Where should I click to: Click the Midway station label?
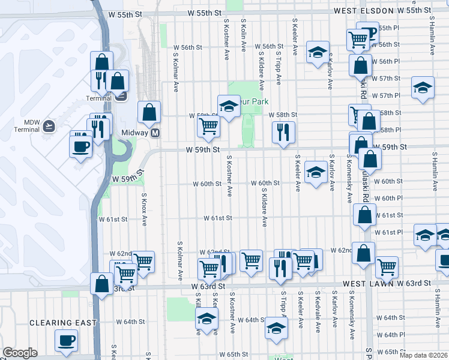point(130,133)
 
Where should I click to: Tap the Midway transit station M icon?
point(155,133)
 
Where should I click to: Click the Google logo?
point(20,353)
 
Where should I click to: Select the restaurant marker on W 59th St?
point(282,131)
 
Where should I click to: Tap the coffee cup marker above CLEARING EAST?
point(66,340)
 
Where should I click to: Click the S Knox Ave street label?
point(144,209)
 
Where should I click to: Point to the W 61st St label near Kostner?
point(217,218)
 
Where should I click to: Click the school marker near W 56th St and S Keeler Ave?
point(317,51)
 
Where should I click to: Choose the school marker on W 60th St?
point(315,172)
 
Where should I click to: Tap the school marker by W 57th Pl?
point(423,88)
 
